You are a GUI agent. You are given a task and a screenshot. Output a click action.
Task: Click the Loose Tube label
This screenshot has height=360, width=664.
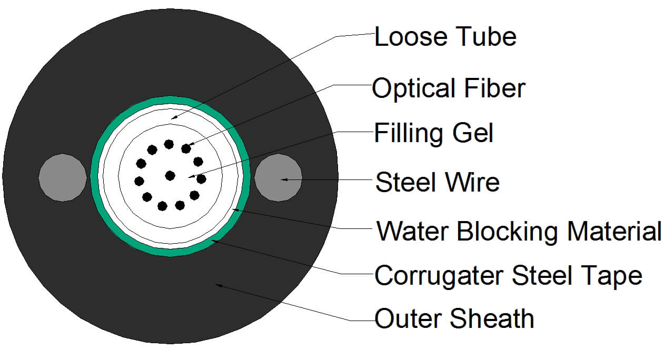click(445, 37)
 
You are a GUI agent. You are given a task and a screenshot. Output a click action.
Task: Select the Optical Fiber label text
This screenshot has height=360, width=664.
click(449, 88)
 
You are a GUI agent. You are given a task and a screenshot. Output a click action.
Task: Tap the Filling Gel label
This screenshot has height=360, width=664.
click(433, 133)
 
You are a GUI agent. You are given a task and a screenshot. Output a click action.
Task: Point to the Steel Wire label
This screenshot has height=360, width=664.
click(437, 183)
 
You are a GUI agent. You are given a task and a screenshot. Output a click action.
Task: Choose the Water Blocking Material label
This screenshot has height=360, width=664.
click(519, 232)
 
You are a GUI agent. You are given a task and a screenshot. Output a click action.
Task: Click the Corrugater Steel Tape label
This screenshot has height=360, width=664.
click(508, 275)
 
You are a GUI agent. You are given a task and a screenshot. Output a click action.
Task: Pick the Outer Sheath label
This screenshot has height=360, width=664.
click(454, 319)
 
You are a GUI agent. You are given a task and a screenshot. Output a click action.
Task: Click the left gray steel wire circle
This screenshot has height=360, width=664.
click(63, 177)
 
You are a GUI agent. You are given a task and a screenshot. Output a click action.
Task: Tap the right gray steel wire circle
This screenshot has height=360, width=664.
click(278, 177)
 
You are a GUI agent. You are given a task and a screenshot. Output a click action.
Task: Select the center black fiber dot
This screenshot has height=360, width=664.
click(170, 175)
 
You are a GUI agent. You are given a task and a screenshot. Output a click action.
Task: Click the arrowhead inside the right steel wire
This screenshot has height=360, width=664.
click(285, 179)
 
